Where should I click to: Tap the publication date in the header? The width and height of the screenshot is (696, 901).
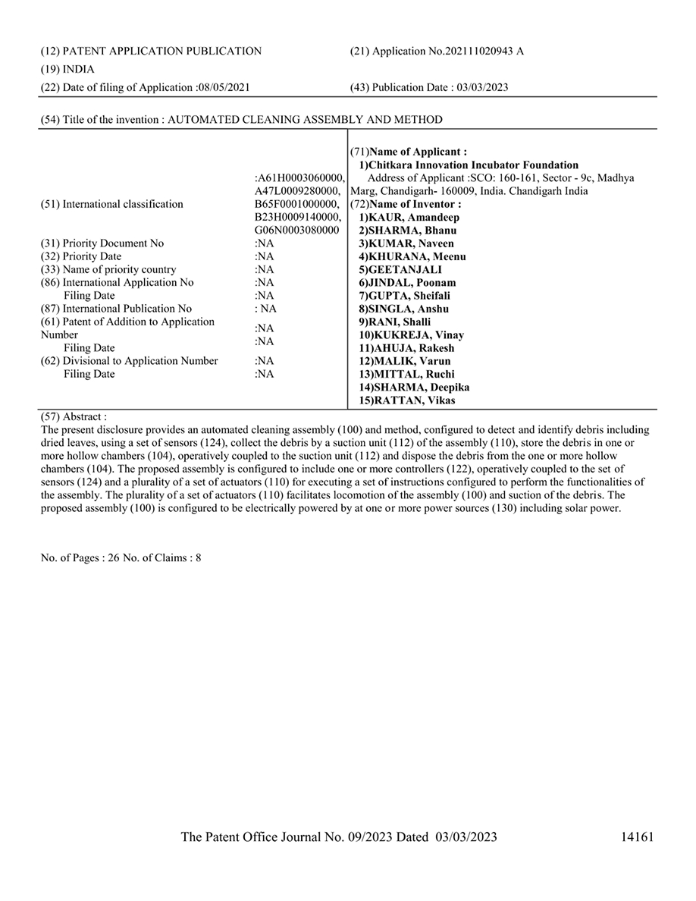click(482, 87)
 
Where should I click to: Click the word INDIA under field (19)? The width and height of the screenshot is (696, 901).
click(78, 69)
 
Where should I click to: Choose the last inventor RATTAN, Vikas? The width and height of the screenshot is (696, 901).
click(412, 400)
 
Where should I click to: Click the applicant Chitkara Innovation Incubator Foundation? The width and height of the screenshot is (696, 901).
click(473, 165)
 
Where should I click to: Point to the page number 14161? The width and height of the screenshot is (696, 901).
click(636, 837)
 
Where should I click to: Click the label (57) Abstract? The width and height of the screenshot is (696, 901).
click(74, 416)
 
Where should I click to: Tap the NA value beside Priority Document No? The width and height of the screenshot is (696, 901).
click(264, 243)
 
